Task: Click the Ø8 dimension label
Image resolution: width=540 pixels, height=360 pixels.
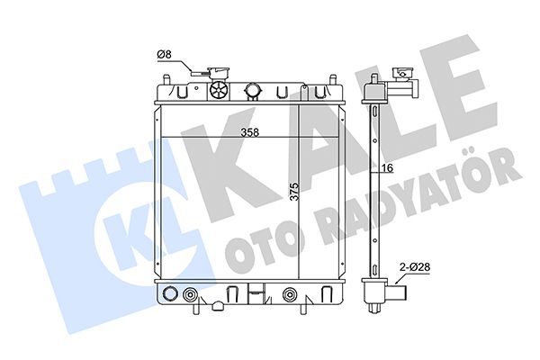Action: [165, 54]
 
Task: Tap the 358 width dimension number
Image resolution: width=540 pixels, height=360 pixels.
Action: [249, 132]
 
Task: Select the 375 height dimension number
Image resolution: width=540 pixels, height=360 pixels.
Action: [294, 192]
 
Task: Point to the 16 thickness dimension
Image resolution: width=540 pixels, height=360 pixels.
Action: [387, 168]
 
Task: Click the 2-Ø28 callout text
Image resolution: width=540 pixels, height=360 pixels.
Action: [415, 266]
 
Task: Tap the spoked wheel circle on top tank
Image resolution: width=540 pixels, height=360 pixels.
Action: [219, 90]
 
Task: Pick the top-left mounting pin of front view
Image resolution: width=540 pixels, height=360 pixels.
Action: [166, 79]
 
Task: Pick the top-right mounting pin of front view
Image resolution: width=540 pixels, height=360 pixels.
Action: [332, 79]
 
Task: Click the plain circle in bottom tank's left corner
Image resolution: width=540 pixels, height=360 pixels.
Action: [170, 293]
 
